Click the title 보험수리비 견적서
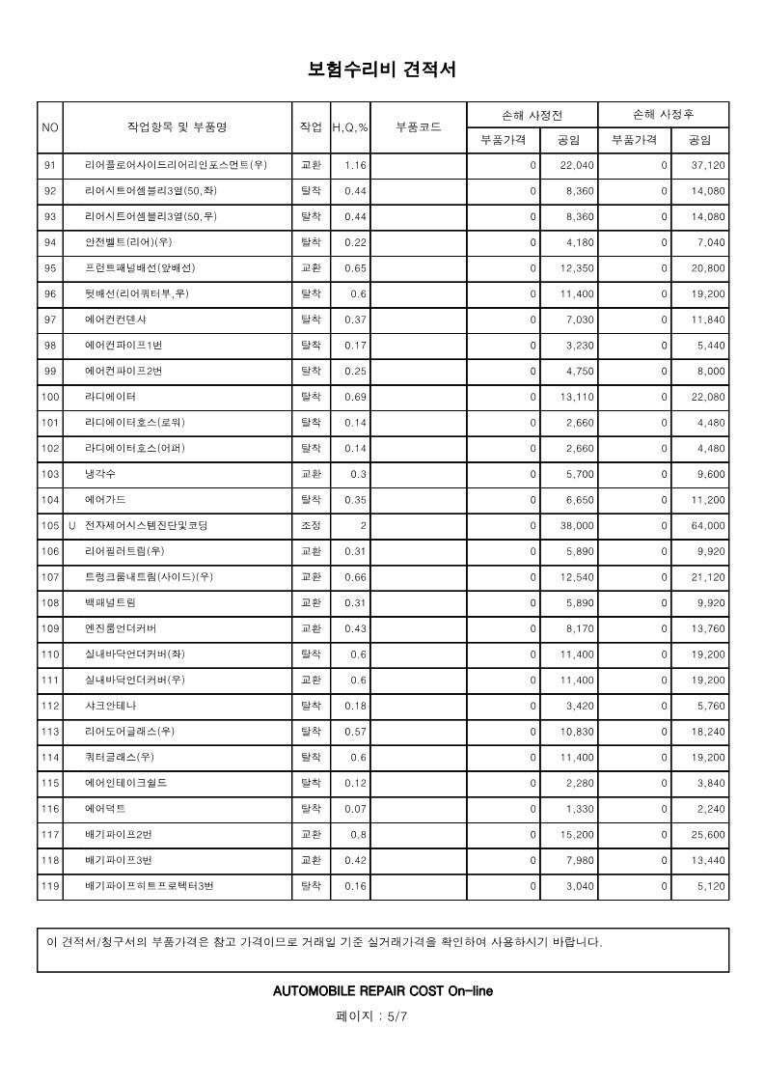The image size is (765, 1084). (381, 69)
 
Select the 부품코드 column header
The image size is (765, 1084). (419, 126)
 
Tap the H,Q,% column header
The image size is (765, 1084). (350, 127)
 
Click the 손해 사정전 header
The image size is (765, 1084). (532, 114)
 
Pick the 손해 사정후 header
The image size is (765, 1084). (663, 114)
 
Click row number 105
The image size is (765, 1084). (50, 526)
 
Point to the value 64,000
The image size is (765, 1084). (709, 526)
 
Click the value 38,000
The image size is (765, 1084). (578, 526)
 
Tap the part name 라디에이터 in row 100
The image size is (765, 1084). (110, 397)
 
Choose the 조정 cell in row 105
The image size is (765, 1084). (312, 526)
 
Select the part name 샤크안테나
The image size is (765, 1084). (110, 706)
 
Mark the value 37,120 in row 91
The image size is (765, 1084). (709, 166)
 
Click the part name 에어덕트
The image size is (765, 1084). (105, 808)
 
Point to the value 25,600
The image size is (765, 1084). (709, 834)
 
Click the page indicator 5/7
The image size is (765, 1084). (383, 1016)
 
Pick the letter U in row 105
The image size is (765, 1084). (71, 526)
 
